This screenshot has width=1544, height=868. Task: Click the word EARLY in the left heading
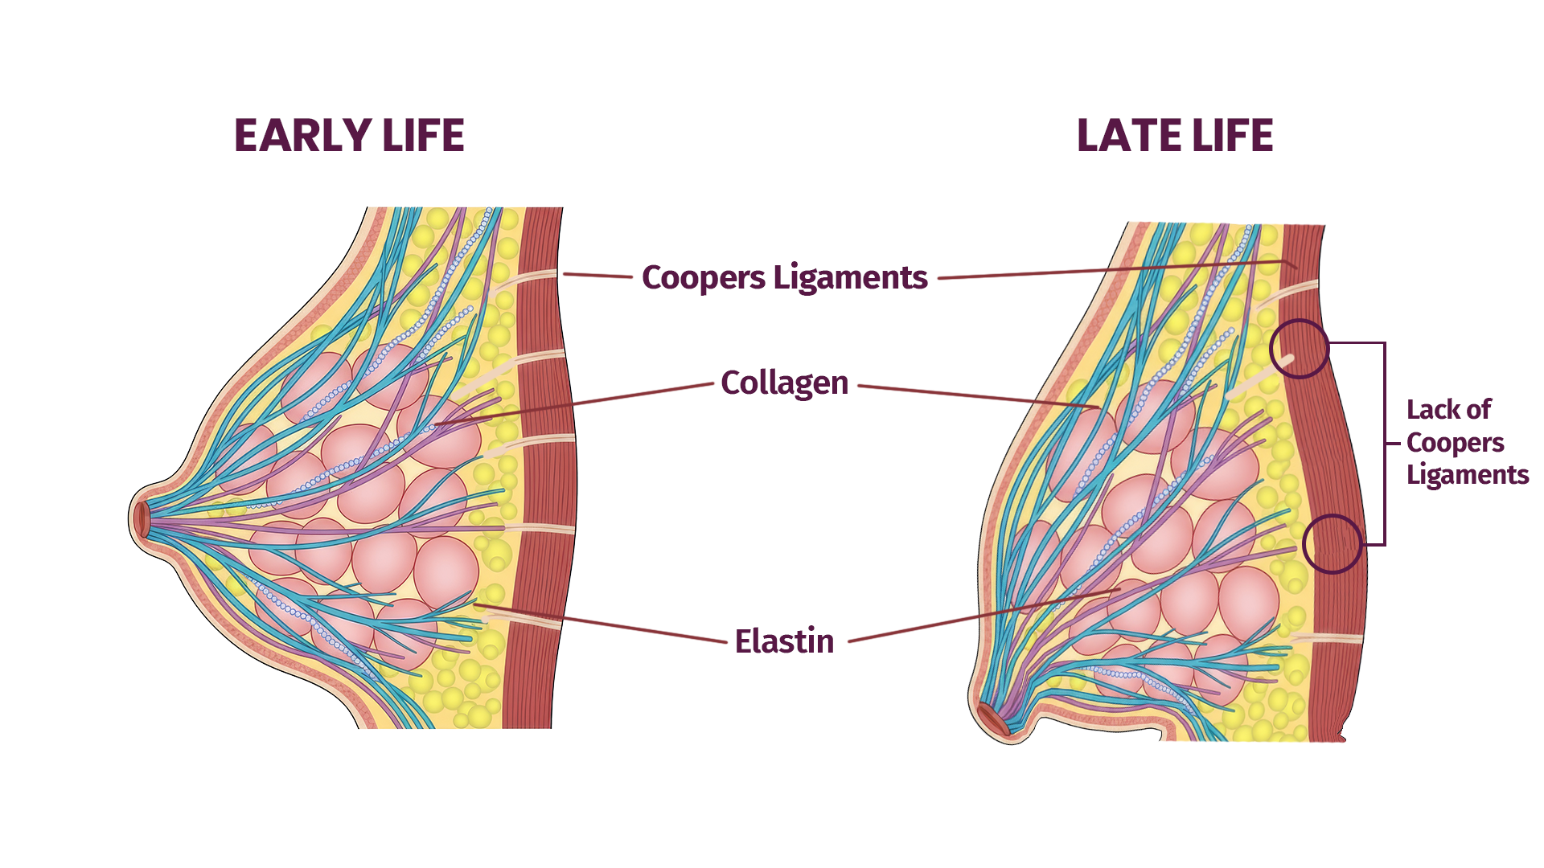point(302,135)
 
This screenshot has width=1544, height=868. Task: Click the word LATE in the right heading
point(1127,135)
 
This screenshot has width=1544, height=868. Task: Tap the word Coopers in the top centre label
point(703,277)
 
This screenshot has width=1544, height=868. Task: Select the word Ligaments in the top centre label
point(850,277)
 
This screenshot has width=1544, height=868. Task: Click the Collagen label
point(784,383)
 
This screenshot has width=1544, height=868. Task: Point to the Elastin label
point(784,641)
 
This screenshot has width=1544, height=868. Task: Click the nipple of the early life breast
point(142,519)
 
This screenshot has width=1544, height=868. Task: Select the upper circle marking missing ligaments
point(1300,349)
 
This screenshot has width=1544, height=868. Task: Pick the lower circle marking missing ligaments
point(1332,544)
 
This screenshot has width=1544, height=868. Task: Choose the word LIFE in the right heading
point(1233,135)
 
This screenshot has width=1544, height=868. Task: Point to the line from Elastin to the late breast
point(981,616)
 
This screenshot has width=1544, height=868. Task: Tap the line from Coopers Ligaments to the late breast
point(1110,270)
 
